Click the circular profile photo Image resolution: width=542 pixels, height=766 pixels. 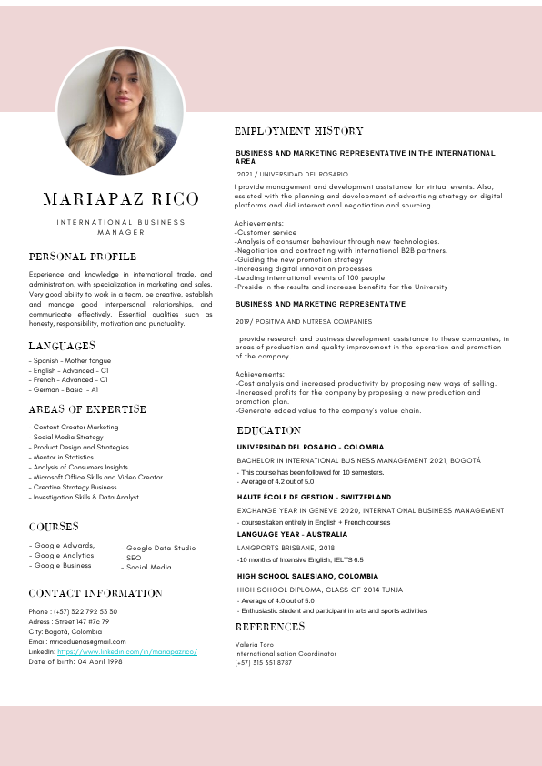pyautogui.click(x=121, y=111)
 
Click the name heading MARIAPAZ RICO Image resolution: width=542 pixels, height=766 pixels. pyautogui.click(x=120, y=199)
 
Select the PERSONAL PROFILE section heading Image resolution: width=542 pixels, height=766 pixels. pyautogui.click(x=83, y=257)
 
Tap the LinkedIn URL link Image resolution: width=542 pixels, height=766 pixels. pyautogui.click(x=127, y=652)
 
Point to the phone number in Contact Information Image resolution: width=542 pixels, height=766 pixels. pyautogui.click(x=73, y=611)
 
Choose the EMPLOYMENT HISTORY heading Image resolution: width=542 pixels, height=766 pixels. pyautogui.click(x=299, y=132)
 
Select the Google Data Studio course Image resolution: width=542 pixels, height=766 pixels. pyautogui.click(x=161, y=548)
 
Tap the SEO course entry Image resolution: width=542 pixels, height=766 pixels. pyautogui.click(x=134, y=558)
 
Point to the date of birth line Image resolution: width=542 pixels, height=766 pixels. pyautogui.click(x=75, y=661)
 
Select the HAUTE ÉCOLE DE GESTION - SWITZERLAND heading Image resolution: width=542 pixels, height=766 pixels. pyautogui.click(x=314, y=497)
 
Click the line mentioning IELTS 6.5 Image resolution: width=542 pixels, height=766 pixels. pyautogui.click(x=300, y=559)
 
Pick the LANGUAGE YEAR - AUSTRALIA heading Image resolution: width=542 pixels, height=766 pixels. pyautogui.click(x=292, y=534)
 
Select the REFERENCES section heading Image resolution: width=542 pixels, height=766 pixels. pyautogui.click(x=270, y=627)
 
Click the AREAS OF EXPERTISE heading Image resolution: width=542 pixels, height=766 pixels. pyautogui.click(x=87, y=409)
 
